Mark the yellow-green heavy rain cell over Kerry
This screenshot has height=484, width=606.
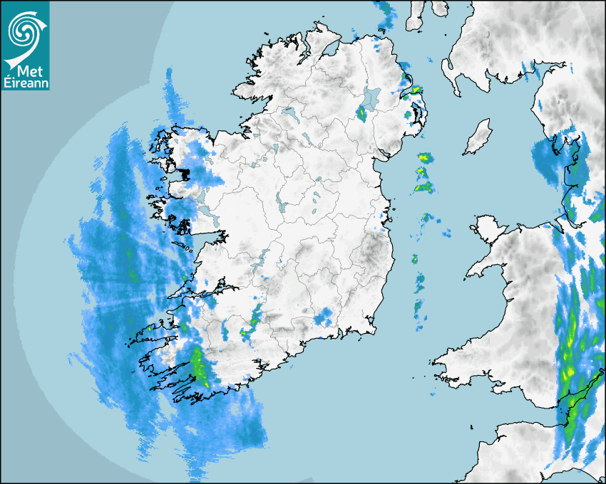point(199,367)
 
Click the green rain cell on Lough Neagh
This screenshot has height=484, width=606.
point(361,113)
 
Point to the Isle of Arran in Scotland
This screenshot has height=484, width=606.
point(414,16)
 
